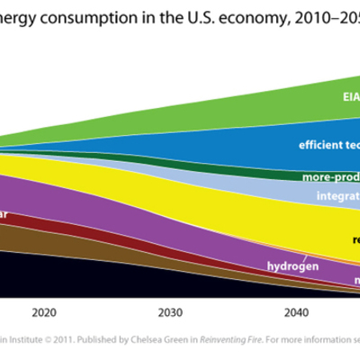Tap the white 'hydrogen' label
coord(292,266)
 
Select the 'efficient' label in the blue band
coord(319,144)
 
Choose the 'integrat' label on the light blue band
coord(337,194)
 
